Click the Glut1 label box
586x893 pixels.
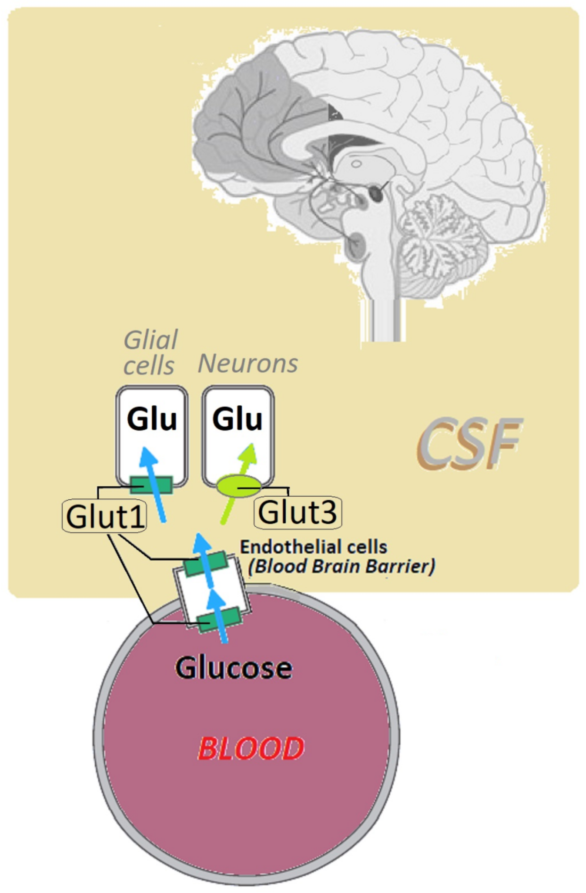104,516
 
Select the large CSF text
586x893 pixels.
469,445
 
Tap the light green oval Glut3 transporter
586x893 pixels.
239,486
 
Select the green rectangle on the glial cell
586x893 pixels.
151,485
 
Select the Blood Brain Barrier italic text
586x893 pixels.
342,566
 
